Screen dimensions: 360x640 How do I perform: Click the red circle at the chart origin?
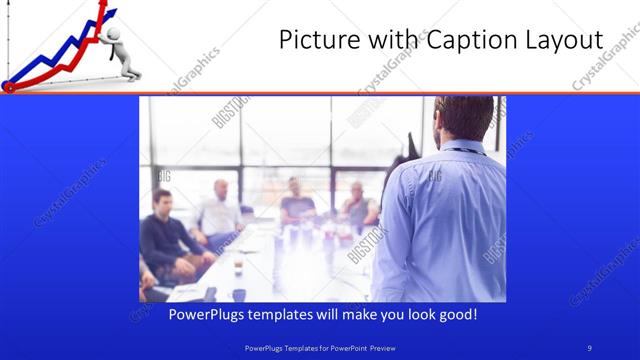coord(9,87)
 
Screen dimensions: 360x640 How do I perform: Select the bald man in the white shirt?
coord(220,210)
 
